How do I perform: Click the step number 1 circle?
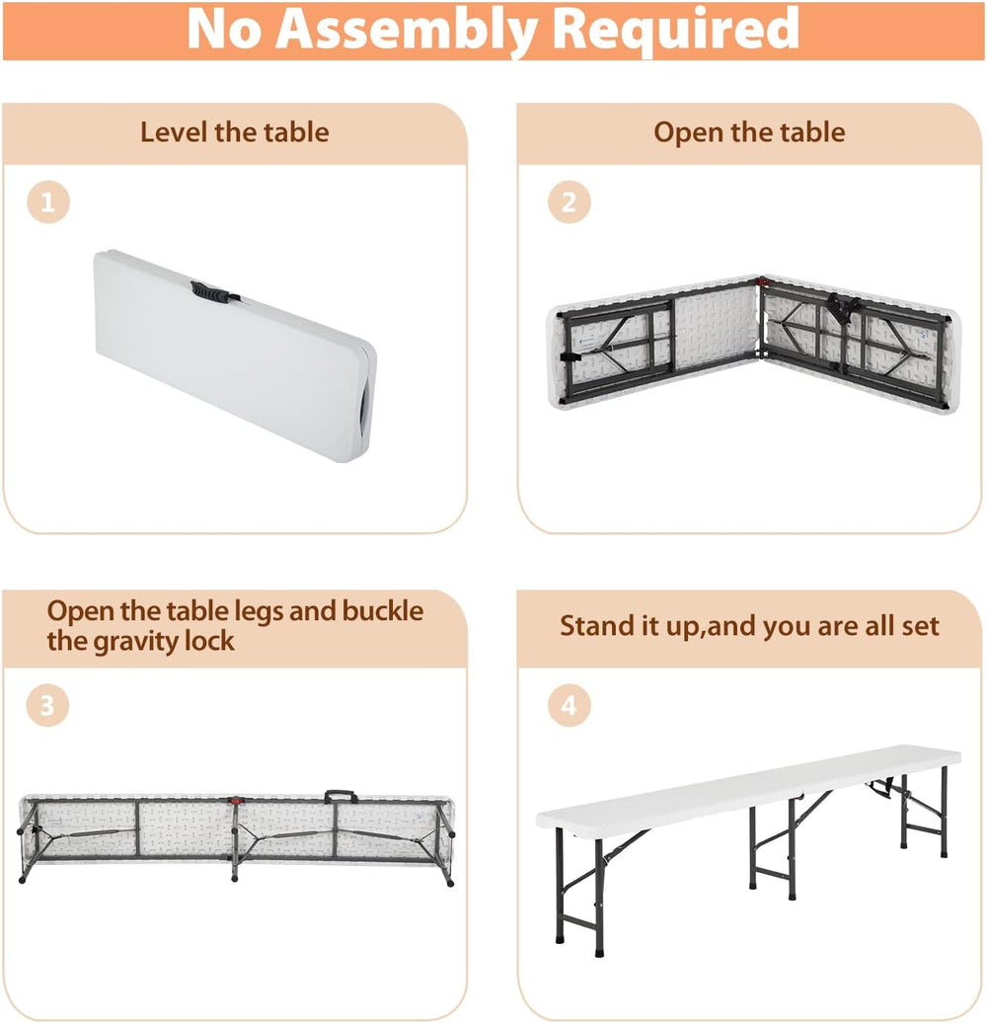point(48,202)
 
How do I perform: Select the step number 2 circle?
point(569,202)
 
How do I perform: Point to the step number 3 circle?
point(47,705)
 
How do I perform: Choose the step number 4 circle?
point(569,705)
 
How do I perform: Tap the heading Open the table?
point(749,132)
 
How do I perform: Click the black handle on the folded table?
point(210,292)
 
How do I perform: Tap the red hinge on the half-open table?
point(761,281)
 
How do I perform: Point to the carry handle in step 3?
point(341,796)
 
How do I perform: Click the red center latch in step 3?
point(235,800)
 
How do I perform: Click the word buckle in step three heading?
point(383,611)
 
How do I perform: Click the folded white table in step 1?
point(235,355)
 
